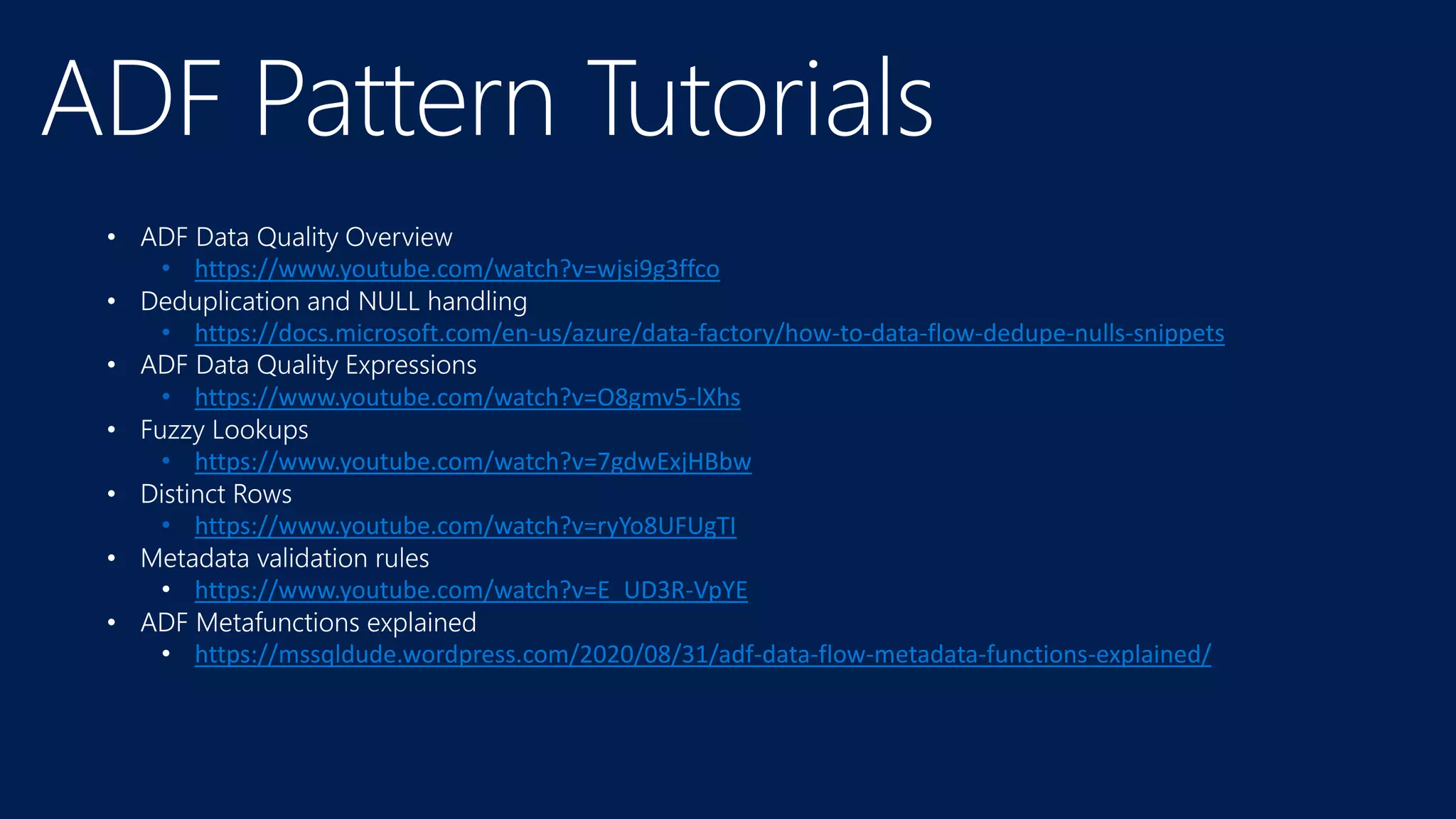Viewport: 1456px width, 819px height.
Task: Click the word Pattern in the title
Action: click(404, 100)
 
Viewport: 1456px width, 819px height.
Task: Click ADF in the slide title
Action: click(132, 100)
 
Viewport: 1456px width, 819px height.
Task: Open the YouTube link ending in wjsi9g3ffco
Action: click(457, 269)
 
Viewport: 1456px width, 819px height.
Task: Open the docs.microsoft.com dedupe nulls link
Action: click(710, 333)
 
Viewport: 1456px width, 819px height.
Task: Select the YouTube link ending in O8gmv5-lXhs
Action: click(467, 397)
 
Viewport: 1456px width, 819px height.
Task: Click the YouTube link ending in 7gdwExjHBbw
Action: click(473, 462)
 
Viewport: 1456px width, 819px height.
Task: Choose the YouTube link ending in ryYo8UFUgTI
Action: click(465, 526)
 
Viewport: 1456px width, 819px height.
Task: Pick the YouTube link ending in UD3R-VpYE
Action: click(471, 590)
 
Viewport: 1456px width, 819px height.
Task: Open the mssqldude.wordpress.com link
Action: click(702, 654)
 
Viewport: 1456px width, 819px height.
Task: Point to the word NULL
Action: click(389, 301)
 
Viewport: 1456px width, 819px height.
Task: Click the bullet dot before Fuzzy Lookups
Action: click(112, 430)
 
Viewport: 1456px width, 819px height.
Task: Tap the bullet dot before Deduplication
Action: click(112, 302)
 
